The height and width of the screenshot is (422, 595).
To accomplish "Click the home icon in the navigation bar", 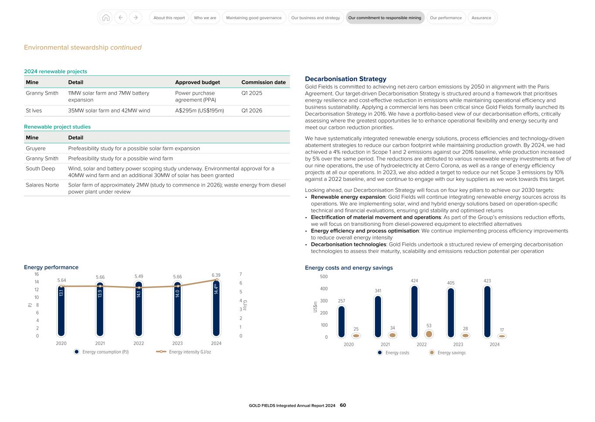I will point(105,18).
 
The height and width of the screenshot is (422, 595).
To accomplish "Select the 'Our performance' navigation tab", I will point(445,18).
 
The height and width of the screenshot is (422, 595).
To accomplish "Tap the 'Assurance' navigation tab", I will point(481,18).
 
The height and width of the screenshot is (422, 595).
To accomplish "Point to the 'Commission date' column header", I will point(263,82).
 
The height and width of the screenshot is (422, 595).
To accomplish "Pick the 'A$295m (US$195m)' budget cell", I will point(199,111).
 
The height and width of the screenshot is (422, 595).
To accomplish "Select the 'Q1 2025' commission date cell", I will point(252,93).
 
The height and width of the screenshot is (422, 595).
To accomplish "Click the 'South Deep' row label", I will point(40,169).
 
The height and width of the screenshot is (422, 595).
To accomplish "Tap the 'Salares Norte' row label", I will point(42,185).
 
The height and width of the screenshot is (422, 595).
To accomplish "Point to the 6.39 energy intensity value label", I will point(216,275).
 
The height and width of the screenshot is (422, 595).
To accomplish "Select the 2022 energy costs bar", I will point(414,311).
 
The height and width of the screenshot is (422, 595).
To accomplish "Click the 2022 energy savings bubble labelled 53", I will point(429,334).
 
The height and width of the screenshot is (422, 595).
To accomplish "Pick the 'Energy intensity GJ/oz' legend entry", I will point(184,352).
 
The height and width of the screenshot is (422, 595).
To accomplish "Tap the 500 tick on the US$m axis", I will point(323,276).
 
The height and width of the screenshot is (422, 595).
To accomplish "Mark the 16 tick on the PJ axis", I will point(37,274).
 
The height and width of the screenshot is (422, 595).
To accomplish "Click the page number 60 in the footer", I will point(343,405).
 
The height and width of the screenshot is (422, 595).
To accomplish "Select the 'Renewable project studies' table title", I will point(57,127).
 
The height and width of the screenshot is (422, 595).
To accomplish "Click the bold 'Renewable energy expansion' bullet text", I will point(348,197).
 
